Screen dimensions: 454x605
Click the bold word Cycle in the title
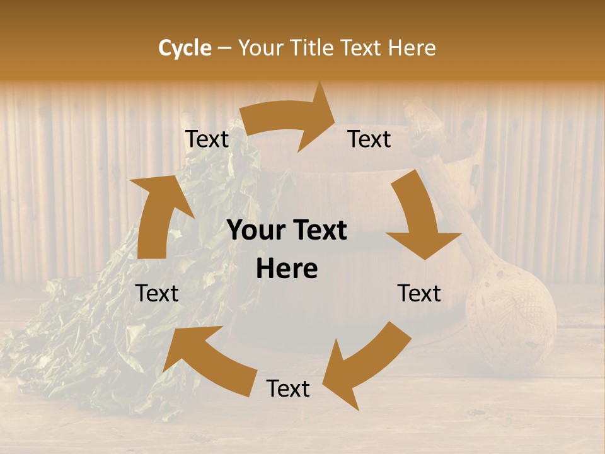tap(185, 48)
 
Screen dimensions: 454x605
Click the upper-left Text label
tap(207, 139)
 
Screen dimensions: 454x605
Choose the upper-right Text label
tap(369, 139)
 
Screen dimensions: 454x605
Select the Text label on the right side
tap(419, 293)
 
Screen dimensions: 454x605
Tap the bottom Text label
tap(288, 389)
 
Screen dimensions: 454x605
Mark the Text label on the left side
tap(157, 293)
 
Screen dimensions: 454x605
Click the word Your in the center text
tap(255, 231)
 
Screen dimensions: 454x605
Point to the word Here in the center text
tap(287, 269)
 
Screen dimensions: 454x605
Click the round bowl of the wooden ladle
tap(510, 315)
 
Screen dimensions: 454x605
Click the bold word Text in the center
tap(318, 231)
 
